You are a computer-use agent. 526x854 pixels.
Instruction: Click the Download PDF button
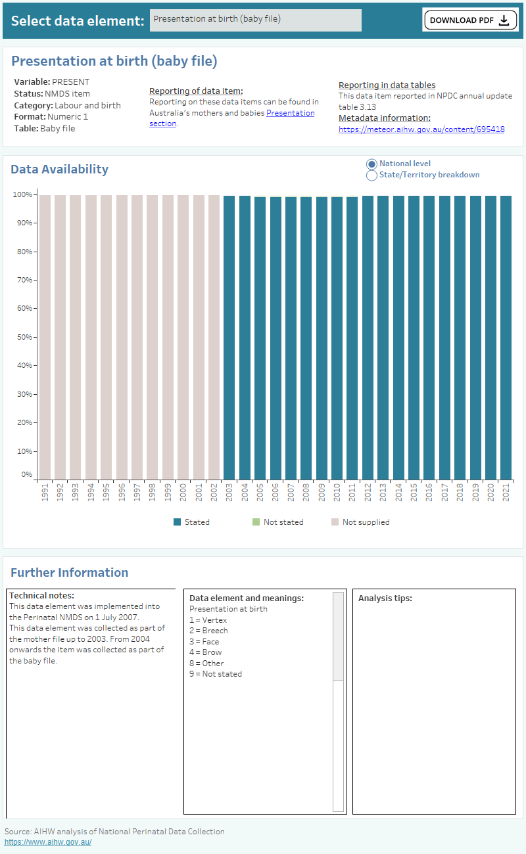(x=469, y=20)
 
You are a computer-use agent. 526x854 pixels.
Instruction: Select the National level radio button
(x=371, y=164)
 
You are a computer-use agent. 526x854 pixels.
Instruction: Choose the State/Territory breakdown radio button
(x=371, y=175)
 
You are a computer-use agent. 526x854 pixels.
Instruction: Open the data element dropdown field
(x=255, y=20)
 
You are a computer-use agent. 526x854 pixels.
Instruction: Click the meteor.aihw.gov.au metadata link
(x=421, y=129)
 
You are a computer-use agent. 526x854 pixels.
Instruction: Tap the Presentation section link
(x=290, y=113)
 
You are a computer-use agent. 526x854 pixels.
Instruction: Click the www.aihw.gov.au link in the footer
(x=48, y=842)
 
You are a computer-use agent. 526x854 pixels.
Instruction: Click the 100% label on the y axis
(x=22, y=194)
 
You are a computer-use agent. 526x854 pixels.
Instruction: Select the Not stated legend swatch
(x=256, y=522)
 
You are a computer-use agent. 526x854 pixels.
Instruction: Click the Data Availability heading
(x=59, y=169)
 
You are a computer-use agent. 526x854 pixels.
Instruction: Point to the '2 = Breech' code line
(x=208, y=631)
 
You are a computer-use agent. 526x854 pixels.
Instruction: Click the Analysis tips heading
(x=385, y=598)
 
